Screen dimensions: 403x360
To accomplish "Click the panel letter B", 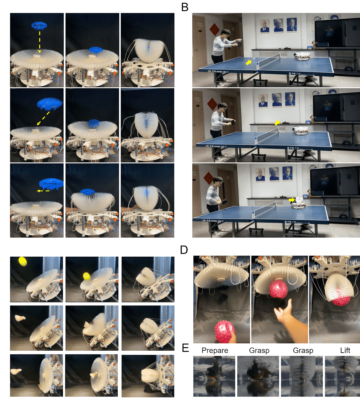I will (185, 7).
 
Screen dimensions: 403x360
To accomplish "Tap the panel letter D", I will (184, 250).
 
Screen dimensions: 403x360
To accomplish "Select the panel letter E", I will (185, 348).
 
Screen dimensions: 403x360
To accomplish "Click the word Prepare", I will (215, 350).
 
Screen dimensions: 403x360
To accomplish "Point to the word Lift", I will (345, 350).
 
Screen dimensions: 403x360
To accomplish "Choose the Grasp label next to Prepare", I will (259, 350).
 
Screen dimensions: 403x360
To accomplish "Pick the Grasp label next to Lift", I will (303, 350).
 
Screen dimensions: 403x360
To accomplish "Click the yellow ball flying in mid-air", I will (22, 261).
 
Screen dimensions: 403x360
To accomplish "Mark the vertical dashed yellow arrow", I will (40, 42).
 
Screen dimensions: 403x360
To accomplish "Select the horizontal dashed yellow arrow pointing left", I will (43, 191).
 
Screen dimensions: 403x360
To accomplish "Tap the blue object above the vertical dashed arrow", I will (39, 25).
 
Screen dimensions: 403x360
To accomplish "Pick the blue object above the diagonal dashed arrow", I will (49, 103).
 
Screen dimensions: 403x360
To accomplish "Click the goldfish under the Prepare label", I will (214, 373).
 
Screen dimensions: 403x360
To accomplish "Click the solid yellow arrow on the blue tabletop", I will (249, 62).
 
